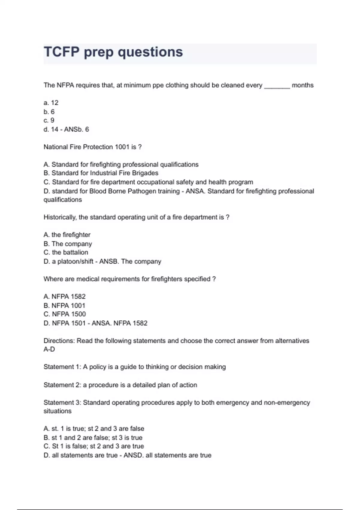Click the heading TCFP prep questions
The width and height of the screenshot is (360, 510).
(x=113, y=52)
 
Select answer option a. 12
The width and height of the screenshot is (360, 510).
(x=51, y=103)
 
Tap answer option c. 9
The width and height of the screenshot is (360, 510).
(x=49, y=121)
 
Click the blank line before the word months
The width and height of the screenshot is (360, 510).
(x=277, y=86)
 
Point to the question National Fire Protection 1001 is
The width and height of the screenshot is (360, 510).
(x=92, y=147)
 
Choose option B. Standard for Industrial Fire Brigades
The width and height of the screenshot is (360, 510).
(x=101, y=173)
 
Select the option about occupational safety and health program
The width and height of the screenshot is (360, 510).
(x=148, y=182)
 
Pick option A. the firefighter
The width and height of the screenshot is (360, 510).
(x=67, y=235)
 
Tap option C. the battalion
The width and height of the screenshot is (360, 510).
(x=66, y=252)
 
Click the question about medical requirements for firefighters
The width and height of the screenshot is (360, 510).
(x=130, y=279)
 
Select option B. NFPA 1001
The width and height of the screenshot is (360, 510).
(x=64, y=305)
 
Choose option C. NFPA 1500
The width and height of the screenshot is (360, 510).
(x=65, y=314)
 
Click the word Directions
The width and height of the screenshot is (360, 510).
(x=59, y=341)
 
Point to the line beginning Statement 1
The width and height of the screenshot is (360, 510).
(x=135, y=367)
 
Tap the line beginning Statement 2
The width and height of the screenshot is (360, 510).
(x=120, y=385)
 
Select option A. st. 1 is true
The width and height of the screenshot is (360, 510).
(x=94, y=429)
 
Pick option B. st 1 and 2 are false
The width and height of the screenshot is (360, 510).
(x=93, y=438)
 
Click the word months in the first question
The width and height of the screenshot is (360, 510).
(x=302, y=85)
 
